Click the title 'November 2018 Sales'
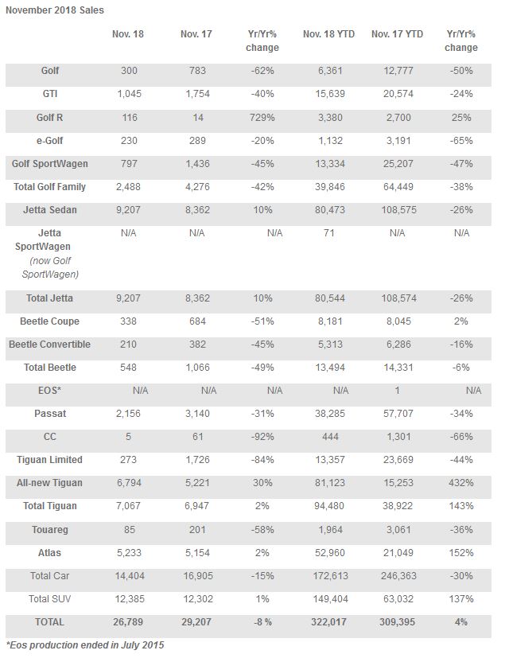click(x=55, y=10)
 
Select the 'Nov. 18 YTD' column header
click(x=328, y=34)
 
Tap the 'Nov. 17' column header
click(x=196, y=34)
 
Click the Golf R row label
click(x=49, y=118)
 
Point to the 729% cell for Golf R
click(x=262, y=118)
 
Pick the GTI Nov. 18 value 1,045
click(x=129, y=94)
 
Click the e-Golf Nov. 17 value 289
click(x=197, y=141)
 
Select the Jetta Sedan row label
click(x=50, y=210)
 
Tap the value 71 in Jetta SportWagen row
click(x=329, y=233)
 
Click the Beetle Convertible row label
click(x=49, y=345)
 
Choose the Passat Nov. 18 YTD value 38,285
click(x=330, y=414)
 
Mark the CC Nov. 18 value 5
click(x=128, y=437)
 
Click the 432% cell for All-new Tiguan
click(x=461, y=483)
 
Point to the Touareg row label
click(x=49, y=530)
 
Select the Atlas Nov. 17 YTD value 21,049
click(x=398, y=553)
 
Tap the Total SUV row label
click(x=49, y=599)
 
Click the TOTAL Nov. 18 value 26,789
click(x=128, y=622)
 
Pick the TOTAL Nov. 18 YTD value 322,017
click(x=328, y=622)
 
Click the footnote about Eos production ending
click(x=85, y=645)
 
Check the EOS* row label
click(x=49, y=391)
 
